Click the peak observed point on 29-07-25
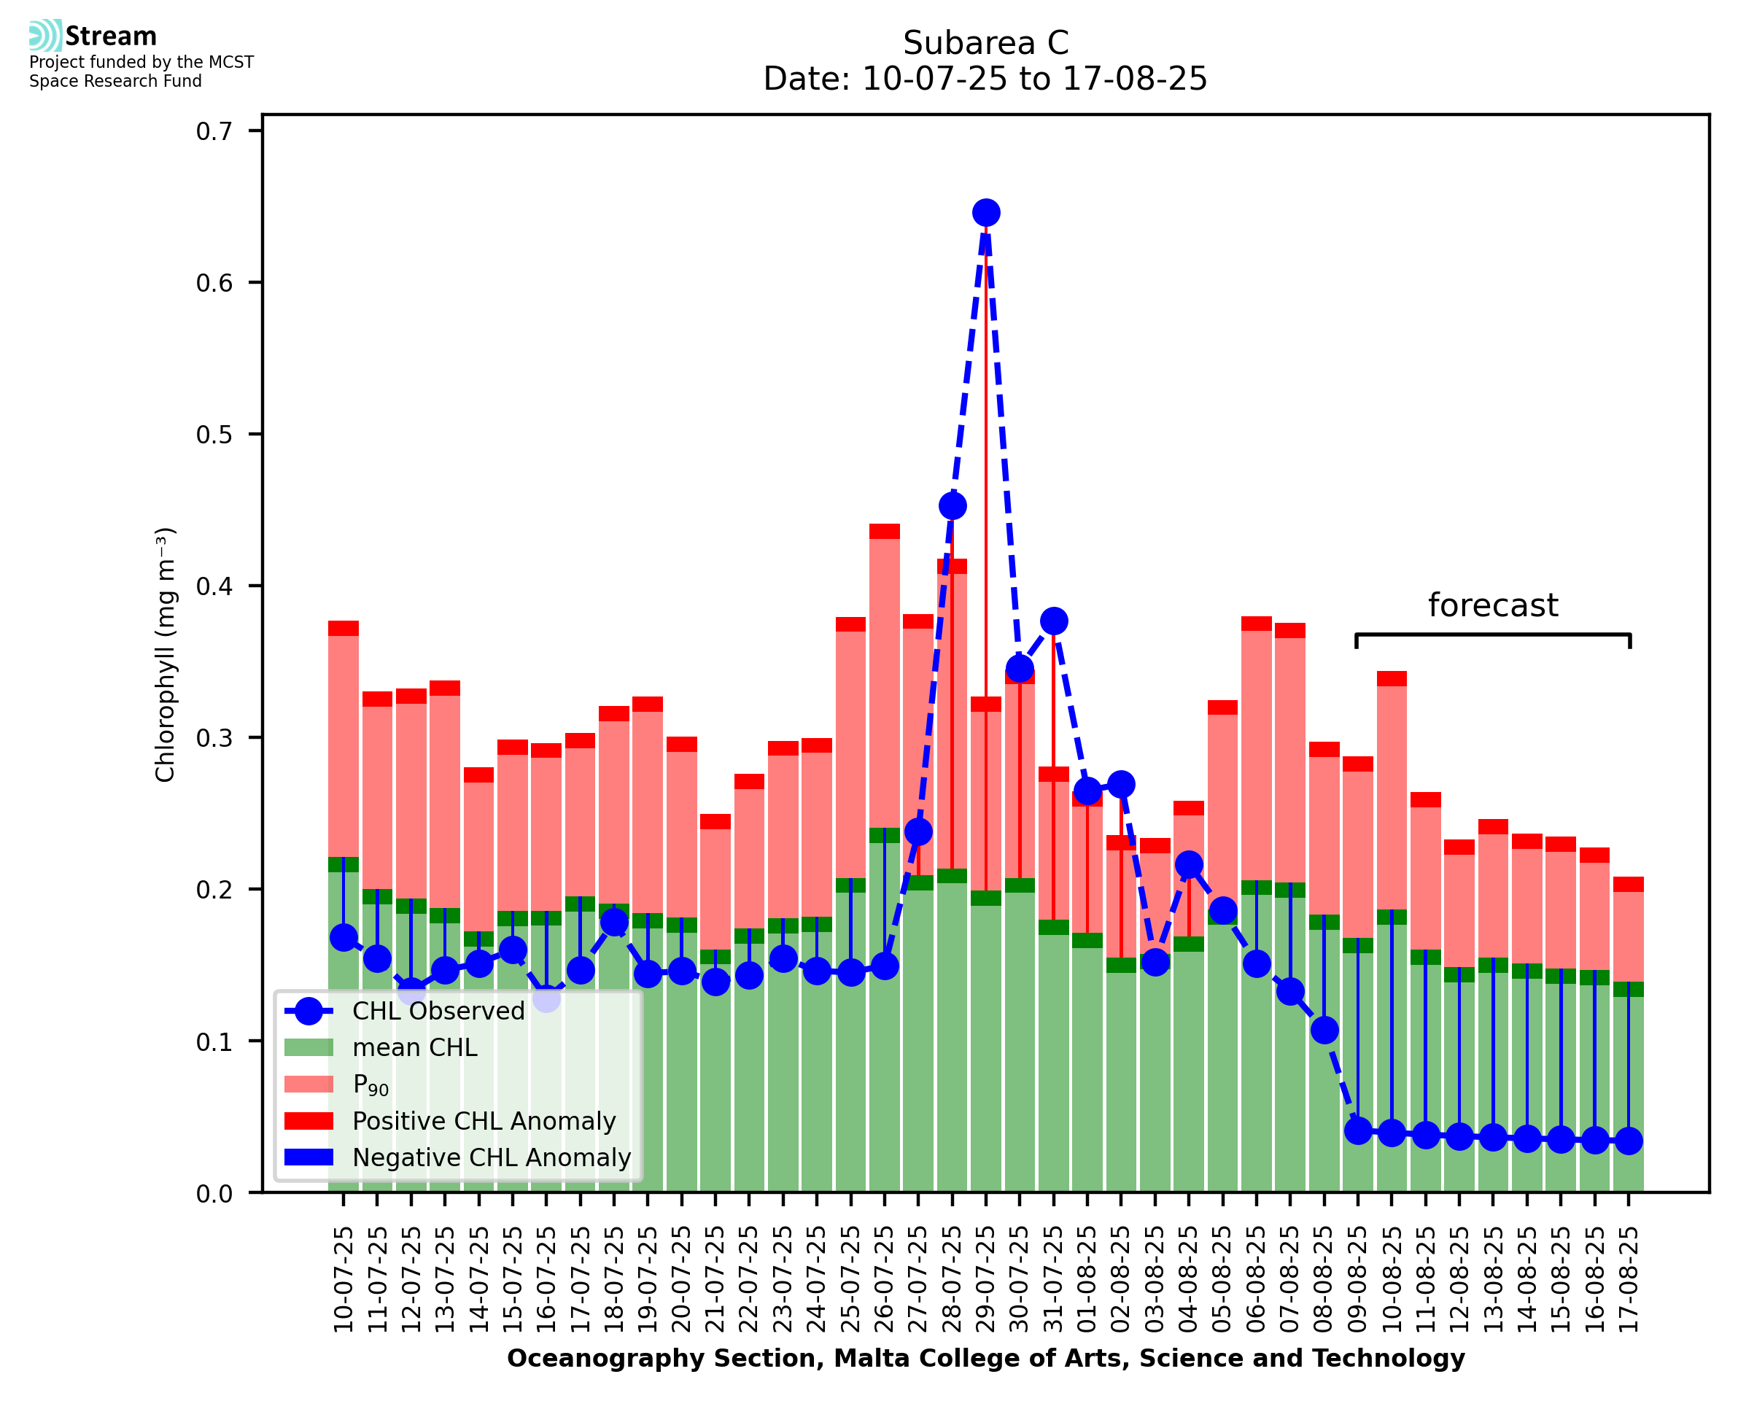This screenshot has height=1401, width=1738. (985, 213)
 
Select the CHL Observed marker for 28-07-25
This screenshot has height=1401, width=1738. (952, 506)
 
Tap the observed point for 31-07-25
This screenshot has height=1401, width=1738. (1053, 621)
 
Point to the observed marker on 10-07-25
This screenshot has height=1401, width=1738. (344, 938)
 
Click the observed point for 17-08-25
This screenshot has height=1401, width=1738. (1629, 1141)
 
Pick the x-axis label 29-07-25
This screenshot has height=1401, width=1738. (986, 1280)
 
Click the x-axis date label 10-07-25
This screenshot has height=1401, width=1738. (344, 1280)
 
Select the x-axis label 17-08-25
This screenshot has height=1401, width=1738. (1629, 1280)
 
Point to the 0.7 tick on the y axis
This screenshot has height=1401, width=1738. (214, 131)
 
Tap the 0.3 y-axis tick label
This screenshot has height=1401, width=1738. (214, 739)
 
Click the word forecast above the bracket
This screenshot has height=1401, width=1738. (1493, 605)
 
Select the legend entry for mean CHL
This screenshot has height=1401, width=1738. (415, 1047)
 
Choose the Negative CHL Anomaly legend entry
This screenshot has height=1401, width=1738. (492, 1157)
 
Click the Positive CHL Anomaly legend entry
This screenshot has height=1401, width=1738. (484, 1121)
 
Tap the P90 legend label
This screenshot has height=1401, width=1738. (371, 1084)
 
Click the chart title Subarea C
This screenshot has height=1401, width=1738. (985, 43)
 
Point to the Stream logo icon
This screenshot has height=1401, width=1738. (45, 36)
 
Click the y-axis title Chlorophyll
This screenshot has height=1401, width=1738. (166, 654)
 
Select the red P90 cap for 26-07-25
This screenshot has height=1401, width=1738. (885, 531)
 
